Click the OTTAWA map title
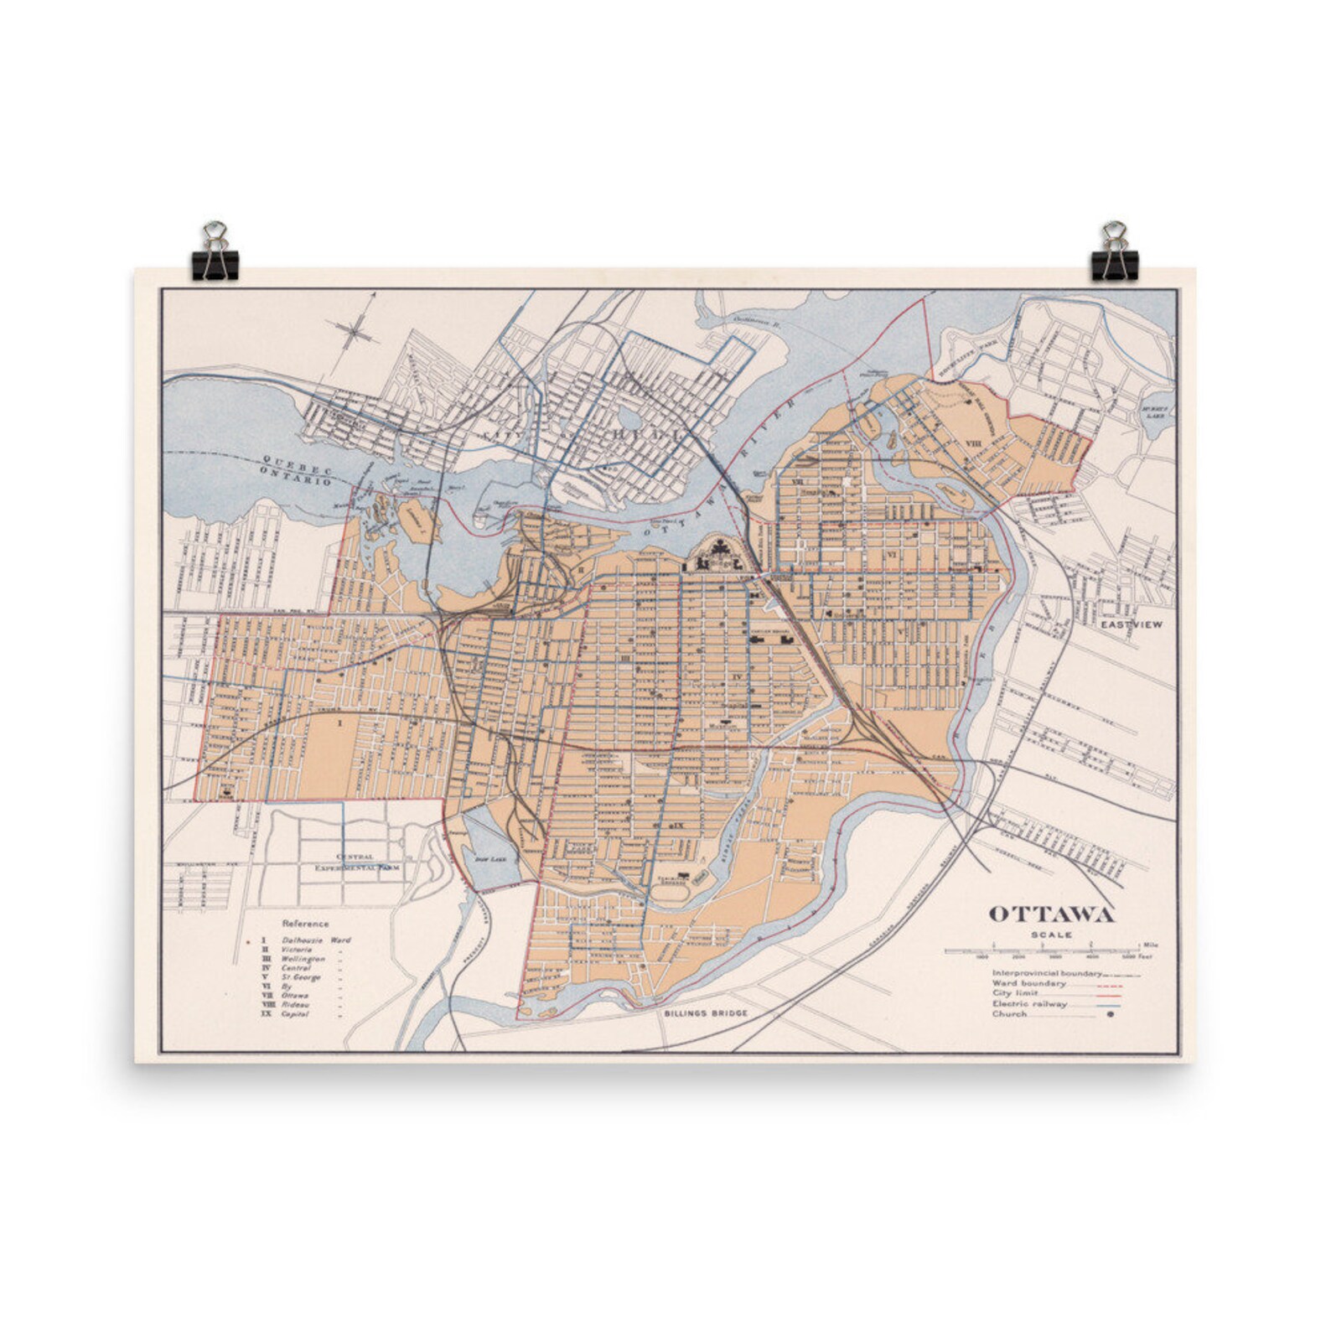click(1052, 914)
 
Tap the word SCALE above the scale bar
click(1053, 935)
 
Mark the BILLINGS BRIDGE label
click(704, 1012)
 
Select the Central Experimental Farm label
click(354, 863)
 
